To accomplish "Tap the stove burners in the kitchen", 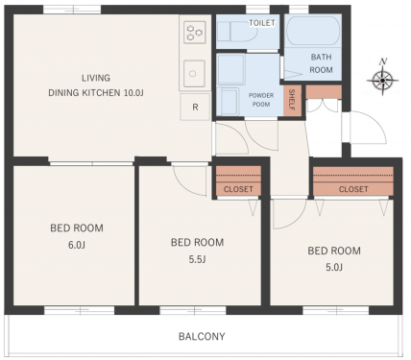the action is (194, 32).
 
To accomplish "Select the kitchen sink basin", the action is (194, 73).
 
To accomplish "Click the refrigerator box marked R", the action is (195, 107).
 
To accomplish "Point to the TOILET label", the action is (262, 23).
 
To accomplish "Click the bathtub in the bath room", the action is (313, 31).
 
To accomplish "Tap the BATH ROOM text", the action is (321, 63).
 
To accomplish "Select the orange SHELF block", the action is (292, 100).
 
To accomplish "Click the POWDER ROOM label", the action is (261, 100).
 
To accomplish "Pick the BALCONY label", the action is (202, 336).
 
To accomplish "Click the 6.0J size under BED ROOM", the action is (77, 245).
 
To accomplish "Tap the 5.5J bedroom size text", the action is (197, 259).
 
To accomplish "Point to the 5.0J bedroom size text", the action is (334, 267).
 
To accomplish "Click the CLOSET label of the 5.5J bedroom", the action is (238, 189).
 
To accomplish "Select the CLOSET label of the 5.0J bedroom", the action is (353, 189).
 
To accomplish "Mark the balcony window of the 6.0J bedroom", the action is (79, 310).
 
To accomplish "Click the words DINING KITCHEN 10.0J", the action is (96, 93).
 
